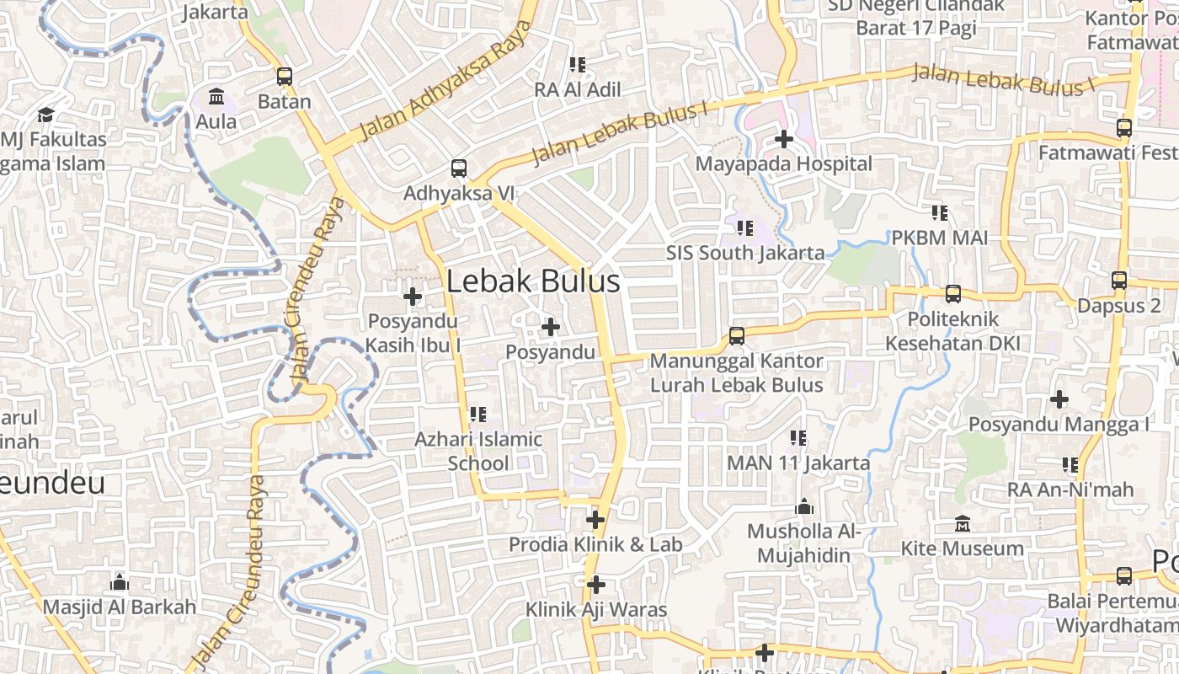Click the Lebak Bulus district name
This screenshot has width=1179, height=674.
(x=532, y=281)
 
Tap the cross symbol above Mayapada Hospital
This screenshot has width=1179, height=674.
(x=784, y=138)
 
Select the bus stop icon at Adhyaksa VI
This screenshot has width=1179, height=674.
(x=458, y=168)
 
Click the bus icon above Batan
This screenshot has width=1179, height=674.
(x=285, y=77)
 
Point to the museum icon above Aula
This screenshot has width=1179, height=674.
(x=216, y=97)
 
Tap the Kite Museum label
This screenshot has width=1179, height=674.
(x=962, y=548)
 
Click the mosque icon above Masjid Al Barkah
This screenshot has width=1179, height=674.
(x=120, y=582)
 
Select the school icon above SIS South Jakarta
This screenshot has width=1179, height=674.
(x=744, y=227)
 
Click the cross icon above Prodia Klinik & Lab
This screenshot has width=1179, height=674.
(x=595, y=520)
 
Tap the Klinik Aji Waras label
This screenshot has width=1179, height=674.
(x=595, y=609)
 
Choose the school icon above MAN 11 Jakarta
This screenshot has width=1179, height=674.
(x=798, y=438)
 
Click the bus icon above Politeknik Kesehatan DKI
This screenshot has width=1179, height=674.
(x=952, y=294)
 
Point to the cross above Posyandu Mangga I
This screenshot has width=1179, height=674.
(x=1059, y=399)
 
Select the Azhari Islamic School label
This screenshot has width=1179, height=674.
(x=478, y=451)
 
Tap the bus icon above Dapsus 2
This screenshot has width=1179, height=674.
(x=1118, y=281)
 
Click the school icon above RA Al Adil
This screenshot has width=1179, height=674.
(x=577, y=65)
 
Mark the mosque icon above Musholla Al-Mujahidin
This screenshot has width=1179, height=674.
(x=804, y=507)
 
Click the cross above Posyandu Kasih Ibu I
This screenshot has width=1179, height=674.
(x=413, y=297)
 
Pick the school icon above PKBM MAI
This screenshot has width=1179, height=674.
(x=940, y=213)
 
